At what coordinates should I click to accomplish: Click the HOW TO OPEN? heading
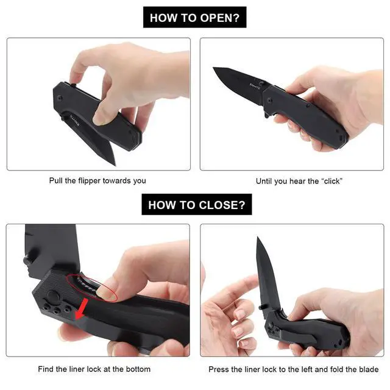(194, 18)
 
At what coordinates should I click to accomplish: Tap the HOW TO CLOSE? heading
(197, 205)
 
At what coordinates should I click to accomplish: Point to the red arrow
(81, 309)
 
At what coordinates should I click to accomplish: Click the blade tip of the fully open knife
(213, 68)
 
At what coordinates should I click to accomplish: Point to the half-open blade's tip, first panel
(115, 165)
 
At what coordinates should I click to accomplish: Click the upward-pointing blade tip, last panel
(258, 238)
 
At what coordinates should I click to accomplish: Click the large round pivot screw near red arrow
(52, 296)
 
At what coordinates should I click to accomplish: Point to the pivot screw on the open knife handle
(269, 101)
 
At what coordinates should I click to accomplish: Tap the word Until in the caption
(264, 181)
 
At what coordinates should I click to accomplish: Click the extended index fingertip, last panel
(252, 278)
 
